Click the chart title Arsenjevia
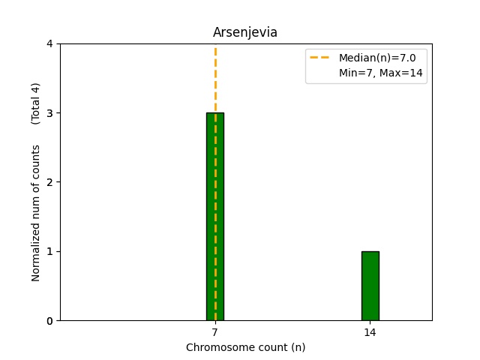click(x=245, y=32)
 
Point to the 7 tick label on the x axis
click(x=215, y=331)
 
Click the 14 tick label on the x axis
click(x=370, y=331)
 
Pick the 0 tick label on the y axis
click(x=49, y=321)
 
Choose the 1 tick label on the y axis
click(x=49, y=251)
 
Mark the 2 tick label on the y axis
click(x=49, y=182)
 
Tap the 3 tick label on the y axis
click(x=49, y=113)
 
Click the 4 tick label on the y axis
click(x=49, y=44)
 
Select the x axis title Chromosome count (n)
click(x=245, y=347)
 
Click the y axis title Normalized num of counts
click(x=35, y=213)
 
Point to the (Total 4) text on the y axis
click(x=35, y=103)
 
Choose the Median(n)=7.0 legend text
click(x=377, y=58)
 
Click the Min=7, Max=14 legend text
click(x=377, y=72)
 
